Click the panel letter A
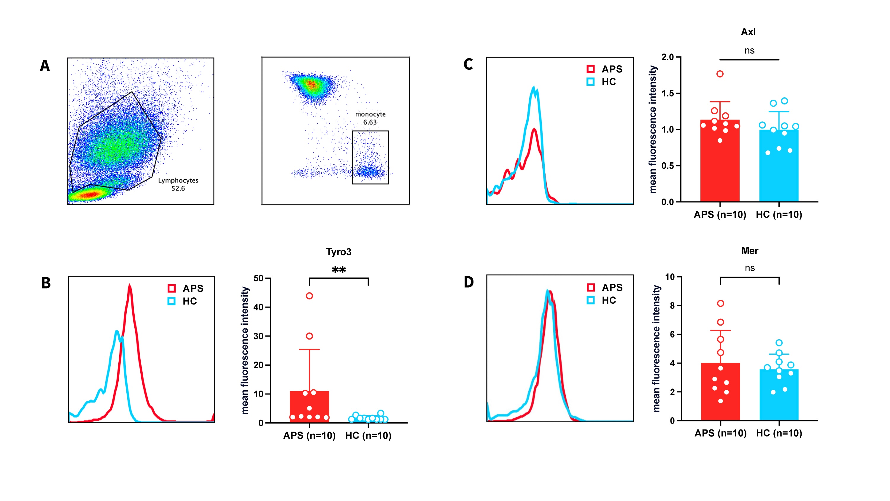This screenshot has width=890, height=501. point(45,66)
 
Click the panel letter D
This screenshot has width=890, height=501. point(468,282)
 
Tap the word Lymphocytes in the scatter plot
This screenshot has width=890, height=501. point(178,180)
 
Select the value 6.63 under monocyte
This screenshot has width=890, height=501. point(370,122)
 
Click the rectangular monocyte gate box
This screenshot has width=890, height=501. point(370,157)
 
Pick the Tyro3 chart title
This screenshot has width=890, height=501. point(338,252)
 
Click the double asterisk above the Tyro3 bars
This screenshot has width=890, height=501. point(338,270)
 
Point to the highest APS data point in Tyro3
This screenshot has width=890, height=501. point(309,296)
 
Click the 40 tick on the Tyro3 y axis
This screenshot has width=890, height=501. point(258,307)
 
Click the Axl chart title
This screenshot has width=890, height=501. point(748,32)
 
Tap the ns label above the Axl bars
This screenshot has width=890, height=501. point(749,51)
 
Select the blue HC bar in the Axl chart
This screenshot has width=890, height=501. point(779,166)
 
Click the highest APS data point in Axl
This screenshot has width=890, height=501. point(720,74)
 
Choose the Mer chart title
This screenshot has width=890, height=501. point(749,251)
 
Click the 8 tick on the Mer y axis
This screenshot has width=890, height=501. point(672,306)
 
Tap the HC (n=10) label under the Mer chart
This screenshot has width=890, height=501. point(779,433)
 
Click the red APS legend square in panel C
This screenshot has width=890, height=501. point(590,69)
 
